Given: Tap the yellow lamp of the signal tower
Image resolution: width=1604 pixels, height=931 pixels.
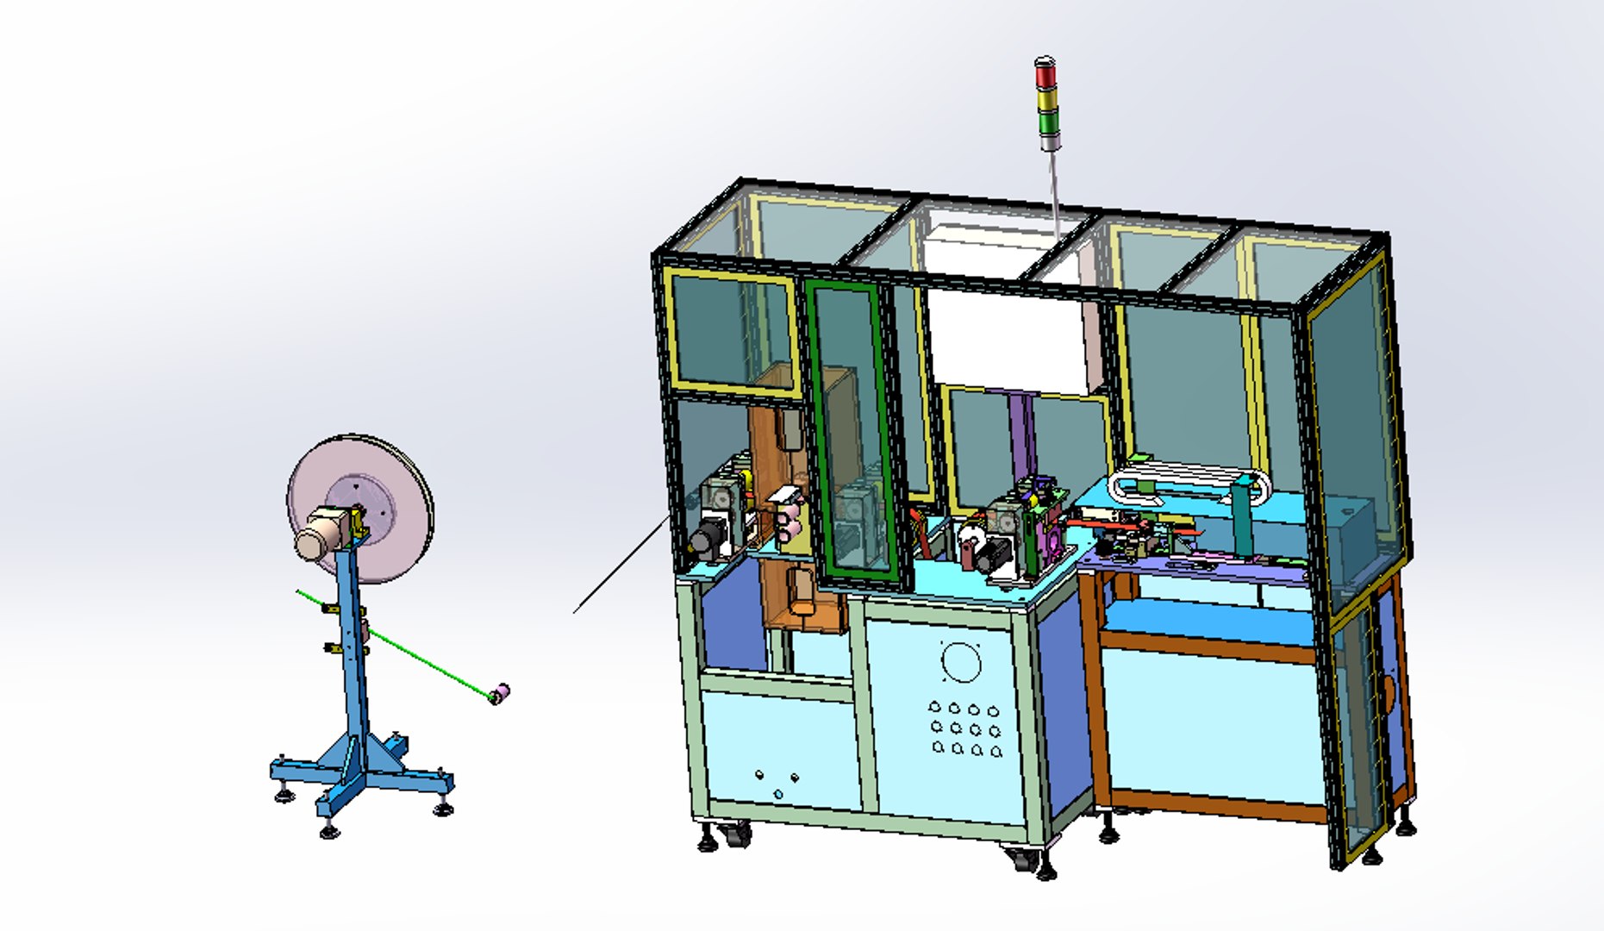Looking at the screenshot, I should coord(1045,99).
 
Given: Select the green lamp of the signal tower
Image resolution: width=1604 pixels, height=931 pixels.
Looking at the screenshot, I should coord(1047,122).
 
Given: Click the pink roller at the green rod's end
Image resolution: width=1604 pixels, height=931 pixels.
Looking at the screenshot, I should coord(499,693).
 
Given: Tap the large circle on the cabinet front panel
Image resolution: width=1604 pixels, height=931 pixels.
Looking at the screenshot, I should coord(960,662).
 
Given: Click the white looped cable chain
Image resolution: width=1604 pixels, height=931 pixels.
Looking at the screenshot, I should coord(1189,484).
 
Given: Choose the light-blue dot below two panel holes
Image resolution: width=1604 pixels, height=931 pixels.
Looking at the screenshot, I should coord(777,794).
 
